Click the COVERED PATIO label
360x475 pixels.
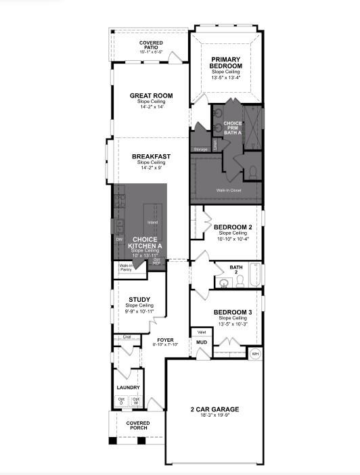click(x=150, y=45)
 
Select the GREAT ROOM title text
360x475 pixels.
click(x=148, y=95)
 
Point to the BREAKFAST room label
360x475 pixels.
click(x=151, y=156)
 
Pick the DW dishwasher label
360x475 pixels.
click(x=119, y=239)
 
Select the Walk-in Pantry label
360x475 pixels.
click(x=127, y=267)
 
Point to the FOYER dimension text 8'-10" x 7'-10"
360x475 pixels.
click(x=165, y=344)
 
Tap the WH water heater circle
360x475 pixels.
click(x=255, y=353)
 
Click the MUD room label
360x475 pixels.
click(x=202, y=342)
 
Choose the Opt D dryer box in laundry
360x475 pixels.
click(x=121, y=401)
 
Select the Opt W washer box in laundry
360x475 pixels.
click(x=135, y=401)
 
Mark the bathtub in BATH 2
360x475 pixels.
click(x=252, y=275)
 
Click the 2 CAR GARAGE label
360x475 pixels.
click(x=215, y=410)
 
